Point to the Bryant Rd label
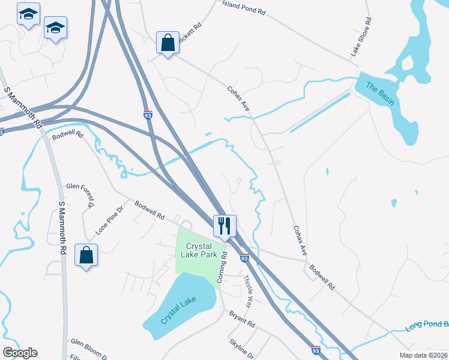pyautogui.click(x=242, y=319)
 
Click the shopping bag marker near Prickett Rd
pyautogui.click(x=167, y=42)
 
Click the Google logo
pyautogui.click(x=20, y=353)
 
